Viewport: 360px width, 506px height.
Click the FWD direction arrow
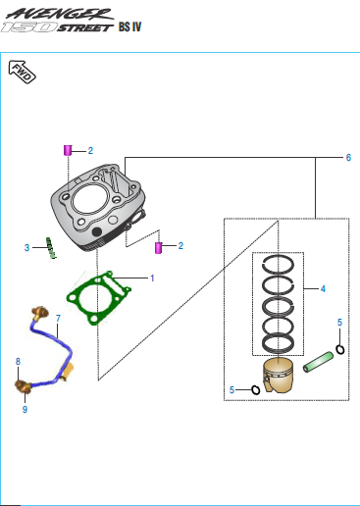pyautogui.click(x=22, y=72)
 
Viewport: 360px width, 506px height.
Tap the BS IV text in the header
pyautogui.click(x=129, y=26)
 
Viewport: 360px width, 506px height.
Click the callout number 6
pyautogui.click(x=348, y=158)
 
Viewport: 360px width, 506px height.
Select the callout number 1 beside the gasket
pyautogui.click(x=152, y=278)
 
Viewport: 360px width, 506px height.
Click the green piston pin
pyautogui.click(x=318, y=362)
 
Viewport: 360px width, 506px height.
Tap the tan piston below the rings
pyautogui.click(x=278, y=375)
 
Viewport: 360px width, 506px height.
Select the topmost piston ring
pyautogui.click(x=278, y=264)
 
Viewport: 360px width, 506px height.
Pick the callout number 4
pyautogui.click(x=323, y=289)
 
